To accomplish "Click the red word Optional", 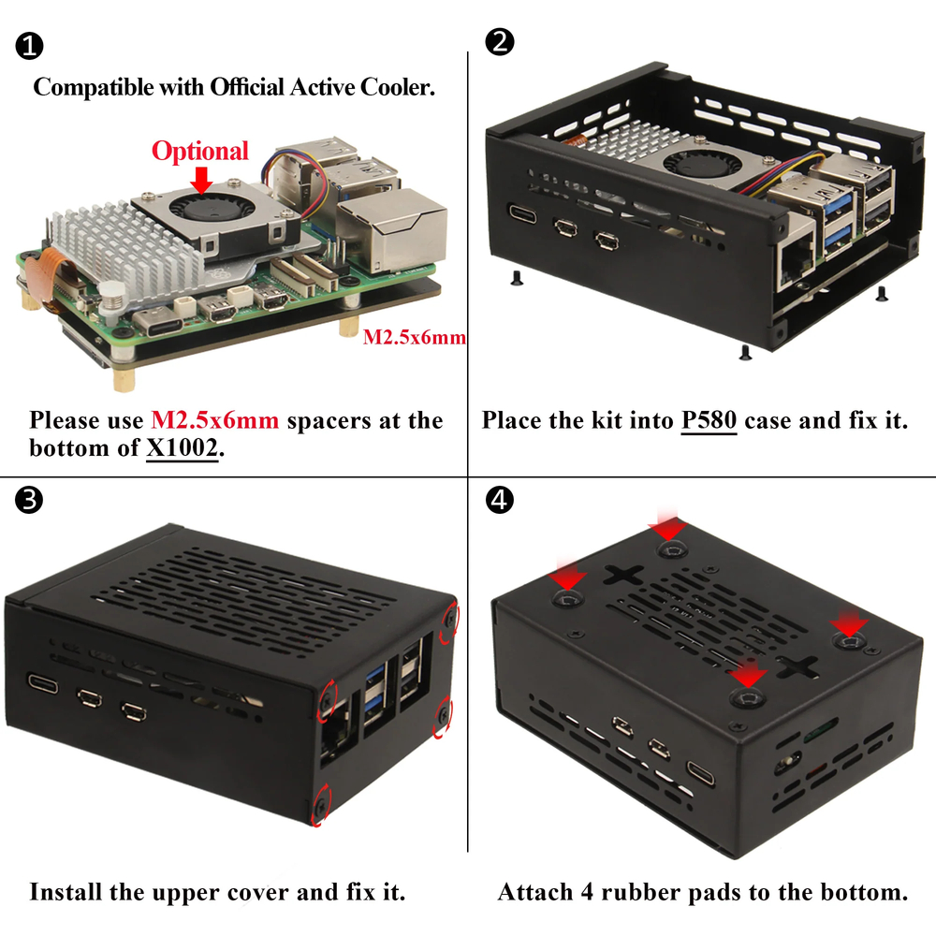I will [200, 151].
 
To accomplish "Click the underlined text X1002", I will [183, 448].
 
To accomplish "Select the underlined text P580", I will [709, 420].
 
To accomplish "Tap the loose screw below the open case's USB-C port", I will [516, 275].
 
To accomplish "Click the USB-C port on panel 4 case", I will [700, 772].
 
